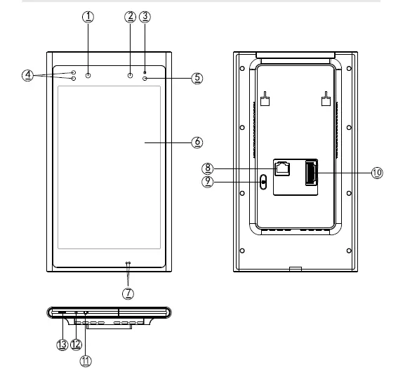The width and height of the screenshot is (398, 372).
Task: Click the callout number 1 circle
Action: tap(88, 15)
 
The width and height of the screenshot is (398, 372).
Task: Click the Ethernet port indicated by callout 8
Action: tap(283, 168)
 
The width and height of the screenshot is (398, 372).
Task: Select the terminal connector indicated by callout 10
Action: tap(310, 173)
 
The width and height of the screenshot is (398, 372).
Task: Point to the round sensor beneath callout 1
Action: tap(88, 74)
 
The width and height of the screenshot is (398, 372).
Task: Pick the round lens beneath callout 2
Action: tap(131, 74)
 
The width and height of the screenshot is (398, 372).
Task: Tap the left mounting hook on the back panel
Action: tap(265, 100)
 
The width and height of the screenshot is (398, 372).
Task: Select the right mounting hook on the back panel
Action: tap(325, 100)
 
